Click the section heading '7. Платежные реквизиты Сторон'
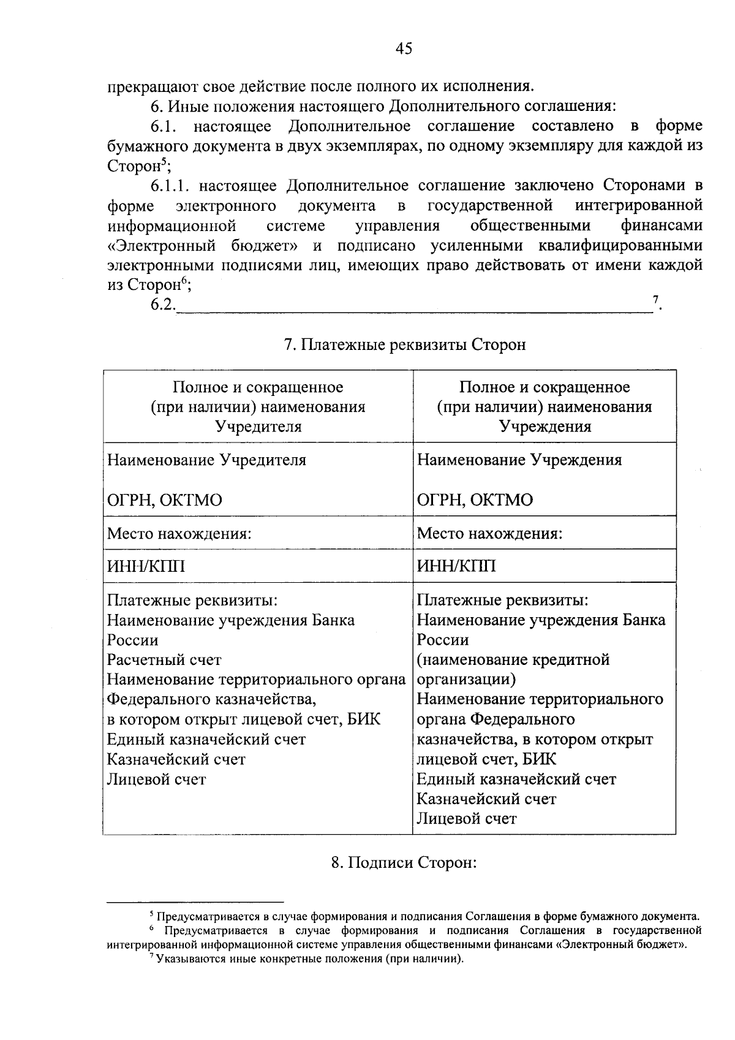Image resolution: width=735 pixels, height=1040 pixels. (x=405, y=345)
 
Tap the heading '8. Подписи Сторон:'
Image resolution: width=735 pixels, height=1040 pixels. (x=404, y=863)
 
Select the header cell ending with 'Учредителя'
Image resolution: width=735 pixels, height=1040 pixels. (x=258, y=407)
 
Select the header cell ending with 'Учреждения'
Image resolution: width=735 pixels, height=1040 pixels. (x=545, y=407)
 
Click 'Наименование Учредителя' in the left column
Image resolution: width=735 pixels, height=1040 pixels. (x=206, y=460)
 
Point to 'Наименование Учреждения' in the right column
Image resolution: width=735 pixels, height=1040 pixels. (x=519, y=460)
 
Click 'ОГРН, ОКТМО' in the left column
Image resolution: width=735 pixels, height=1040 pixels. (x=165, y=500)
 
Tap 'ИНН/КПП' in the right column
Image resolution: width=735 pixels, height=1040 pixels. (x=456, y=566)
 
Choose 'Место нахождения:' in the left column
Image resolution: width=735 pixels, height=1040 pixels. (x=179, y=533)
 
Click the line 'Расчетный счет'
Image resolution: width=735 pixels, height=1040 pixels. (x=164, y=660)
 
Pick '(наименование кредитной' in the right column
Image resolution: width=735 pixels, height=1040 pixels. (x=513, y=660)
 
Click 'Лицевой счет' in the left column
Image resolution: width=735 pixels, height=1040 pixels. (x=157, y=780)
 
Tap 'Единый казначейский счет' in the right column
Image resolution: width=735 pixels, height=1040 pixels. (x=516, y=780)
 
